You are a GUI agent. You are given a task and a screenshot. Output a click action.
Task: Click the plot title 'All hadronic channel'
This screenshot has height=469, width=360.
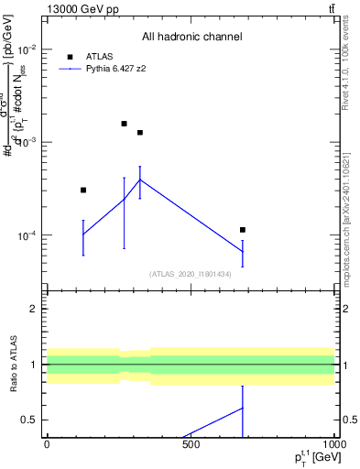(191, 37)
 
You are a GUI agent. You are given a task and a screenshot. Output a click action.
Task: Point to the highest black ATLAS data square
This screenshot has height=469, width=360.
(124, 123)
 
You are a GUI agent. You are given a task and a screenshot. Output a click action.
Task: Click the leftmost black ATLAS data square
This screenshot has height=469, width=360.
(83, 190)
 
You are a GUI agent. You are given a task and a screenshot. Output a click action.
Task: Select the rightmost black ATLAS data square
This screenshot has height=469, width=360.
(243, 229)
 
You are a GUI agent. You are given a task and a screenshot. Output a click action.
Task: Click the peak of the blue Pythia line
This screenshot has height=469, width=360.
(139, 180)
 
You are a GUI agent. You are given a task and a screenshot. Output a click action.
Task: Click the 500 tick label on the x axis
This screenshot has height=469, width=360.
(191, 446)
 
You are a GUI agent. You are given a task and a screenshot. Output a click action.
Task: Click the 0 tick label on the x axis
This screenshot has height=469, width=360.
(47, 446)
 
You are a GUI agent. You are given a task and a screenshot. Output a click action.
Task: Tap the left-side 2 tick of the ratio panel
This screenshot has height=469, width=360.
(33, 309)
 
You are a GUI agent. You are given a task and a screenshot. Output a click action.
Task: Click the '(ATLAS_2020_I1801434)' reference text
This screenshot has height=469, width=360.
(191, 273)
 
